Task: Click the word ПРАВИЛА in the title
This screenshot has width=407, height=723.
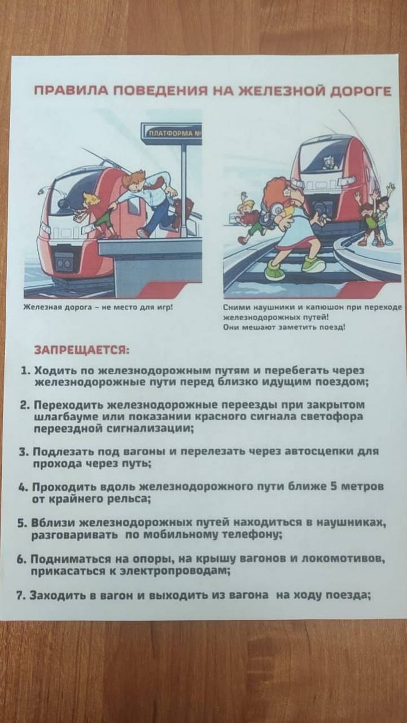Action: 71,92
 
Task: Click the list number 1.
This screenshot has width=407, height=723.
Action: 25,371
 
